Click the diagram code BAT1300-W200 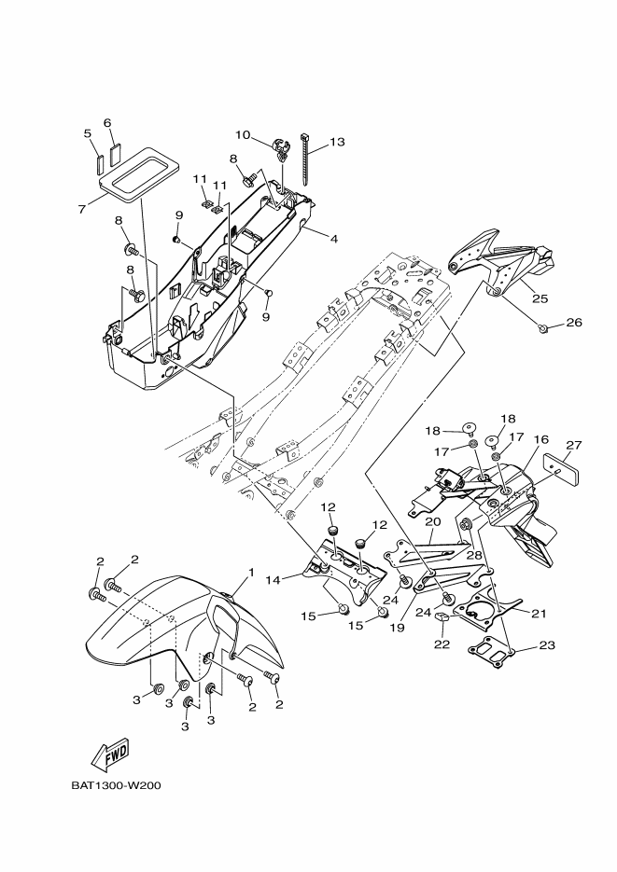(116, 784)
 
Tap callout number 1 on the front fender (250, 571)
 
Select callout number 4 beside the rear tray (332, 238)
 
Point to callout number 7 (83, 208)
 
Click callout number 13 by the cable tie (337, 142)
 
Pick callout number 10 (242, 133)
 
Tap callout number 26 (573, 323)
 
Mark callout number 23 (545, 645)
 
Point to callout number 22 (442, 644)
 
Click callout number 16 (540, 439)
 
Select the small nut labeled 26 (543, 328)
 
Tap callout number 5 (88, 133)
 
